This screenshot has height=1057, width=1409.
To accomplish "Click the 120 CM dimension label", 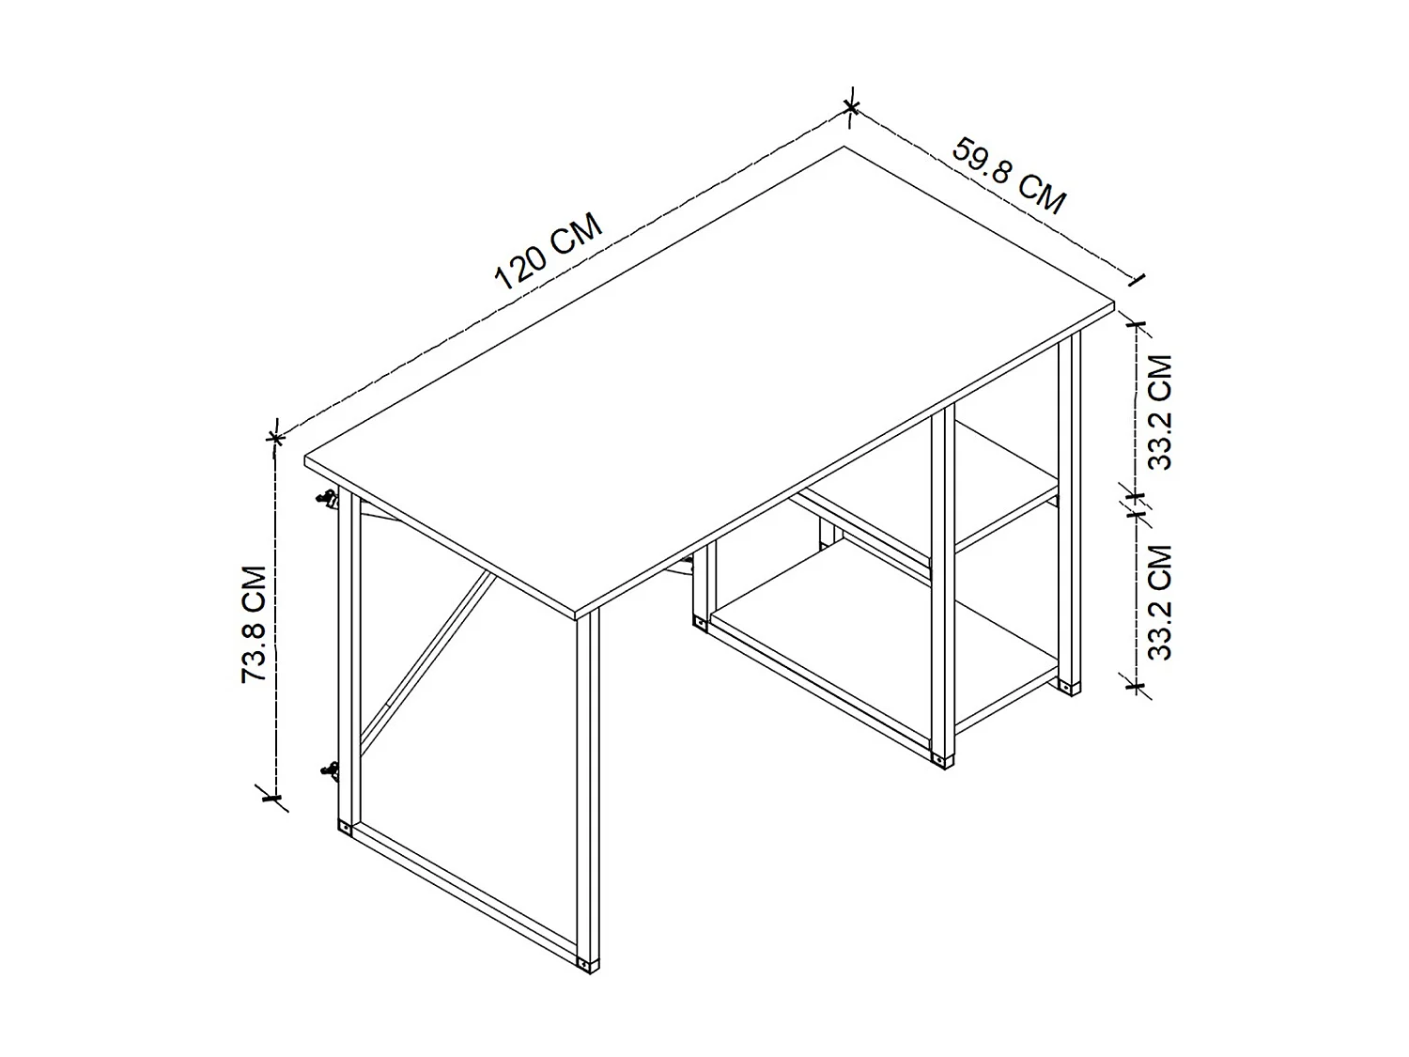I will point(548,253).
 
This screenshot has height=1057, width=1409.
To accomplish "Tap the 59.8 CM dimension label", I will point(1010,176).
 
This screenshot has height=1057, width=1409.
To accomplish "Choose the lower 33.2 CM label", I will point(1161,602).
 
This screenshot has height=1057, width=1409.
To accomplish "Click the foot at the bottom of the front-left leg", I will point(588,964).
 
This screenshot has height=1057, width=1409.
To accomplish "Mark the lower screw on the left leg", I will point(329,771).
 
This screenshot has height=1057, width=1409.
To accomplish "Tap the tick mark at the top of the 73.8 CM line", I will point(275,437).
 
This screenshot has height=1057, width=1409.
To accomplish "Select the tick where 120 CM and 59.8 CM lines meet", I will point(850,107).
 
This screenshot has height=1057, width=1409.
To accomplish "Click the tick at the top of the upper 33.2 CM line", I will point(1138,326).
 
